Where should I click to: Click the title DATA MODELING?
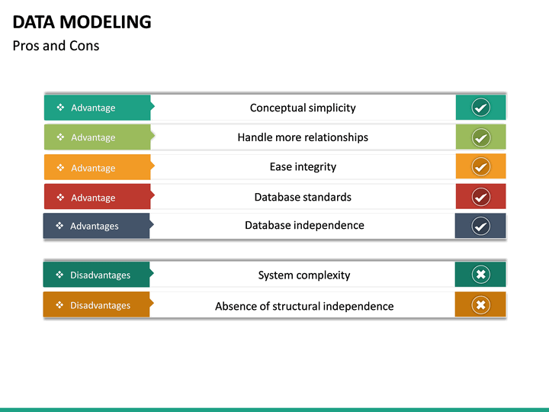point(82,22)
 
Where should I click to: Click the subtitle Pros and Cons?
point(56,46)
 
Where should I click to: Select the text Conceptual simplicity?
point(303,108)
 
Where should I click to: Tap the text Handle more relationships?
point(303,137)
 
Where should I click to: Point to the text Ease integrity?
point(303,166)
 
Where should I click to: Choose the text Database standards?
point(303,197)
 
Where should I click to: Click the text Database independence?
point(304,225)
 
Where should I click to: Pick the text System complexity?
point(304,275)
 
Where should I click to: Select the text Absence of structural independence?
point(304,306)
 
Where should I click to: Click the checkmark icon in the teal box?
point(480,108)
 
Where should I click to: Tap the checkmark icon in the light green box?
point(480,137)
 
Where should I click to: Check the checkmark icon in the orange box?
point(480,166)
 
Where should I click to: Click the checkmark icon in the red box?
point(480,197)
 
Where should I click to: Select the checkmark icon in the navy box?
point(480,226)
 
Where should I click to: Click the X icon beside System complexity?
point(480,275)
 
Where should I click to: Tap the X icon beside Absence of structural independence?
point(480,305)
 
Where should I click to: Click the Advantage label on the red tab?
point(93,198)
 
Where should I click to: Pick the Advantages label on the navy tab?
point(95,226)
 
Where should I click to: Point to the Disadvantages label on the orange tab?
point(100,305)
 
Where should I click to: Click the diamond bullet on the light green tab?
point(60,137)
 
